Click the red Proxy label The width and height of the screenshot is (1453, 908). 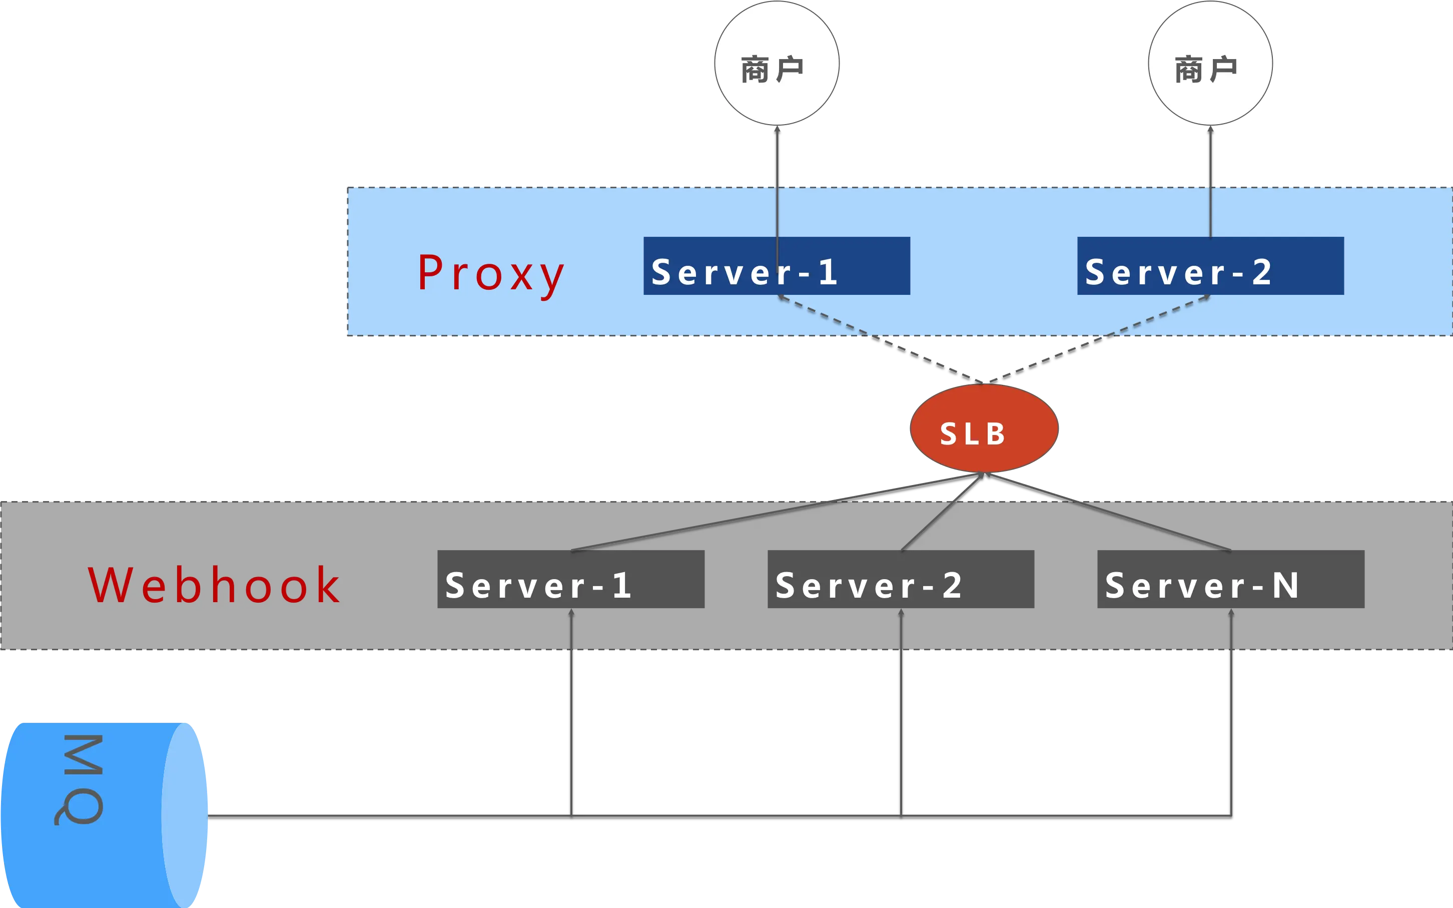(490, 274)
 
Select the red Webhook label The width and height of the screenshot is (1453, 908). (214, 585)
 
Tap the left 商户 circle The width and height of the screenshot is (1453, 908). (777, 63)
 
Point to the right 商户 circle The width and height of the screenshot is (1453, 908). (1210, 63)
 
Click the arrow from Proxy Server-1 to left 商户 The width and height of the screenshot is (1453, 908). (777, 180)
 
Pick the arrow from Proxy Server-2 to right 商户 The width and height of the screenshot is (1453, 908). (1210, 180)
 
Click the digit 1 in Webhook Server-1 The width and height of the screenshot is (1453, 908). (622, 585)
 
